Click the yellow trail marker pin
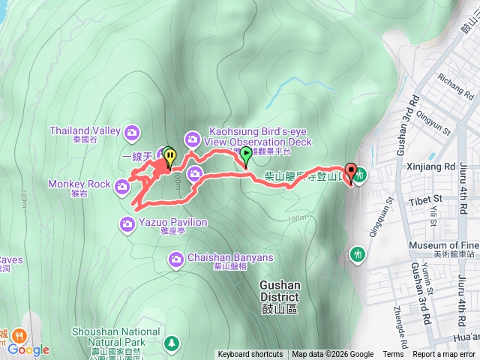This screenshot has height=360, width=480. (x=169, y=157)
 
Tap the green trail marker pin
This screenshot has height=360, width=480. (x=246, y=154)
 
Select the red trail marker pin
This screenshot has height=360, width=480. (x=349, y=171)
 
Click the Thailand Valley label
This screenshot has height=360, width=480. (x=85, y=130)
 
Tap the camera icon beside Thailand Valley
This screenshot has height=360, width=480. (x=133, y=133)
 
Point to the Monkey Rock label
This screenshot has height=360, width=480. (x=79, y=184)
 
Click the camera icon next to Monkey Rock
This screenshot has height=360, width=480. (x=122, y=186)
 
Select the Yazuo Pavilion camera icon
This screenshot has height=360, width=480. (x=126, y=223)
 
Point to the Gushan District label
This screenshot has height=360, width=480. (x=280, y=290)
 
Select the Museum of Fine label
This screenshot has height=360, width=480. (x=443, y=246)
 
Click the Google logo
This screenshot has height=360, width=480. (x=28, y=349)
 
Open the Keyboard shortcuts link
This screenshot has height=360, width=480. (x=250, y=355)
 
